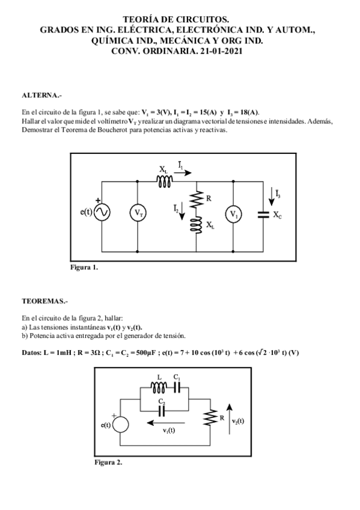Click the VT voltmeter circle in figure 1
point(138,213)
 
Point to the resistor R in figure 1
point(197,200)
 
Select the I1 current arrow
point(186,172)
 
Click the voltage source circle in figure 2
point(121,425)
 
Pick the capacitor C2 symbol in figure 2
point(161,411)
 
